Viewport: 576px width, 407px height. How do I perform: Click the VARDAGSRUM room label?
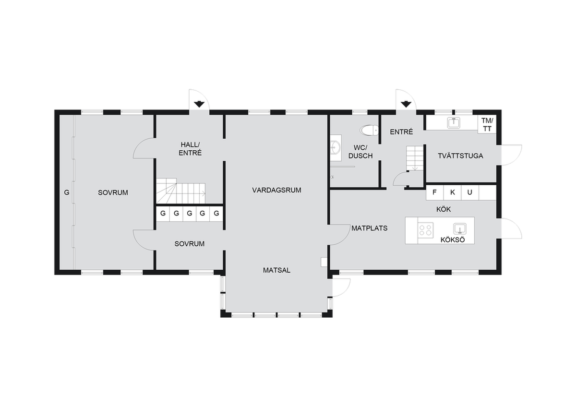[x=276, y=190]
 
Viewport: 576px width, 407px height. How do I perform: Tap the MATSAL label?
[x=276, y=270]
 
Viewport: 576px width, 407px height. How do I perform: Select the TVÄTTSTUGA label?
[x=460, y=156]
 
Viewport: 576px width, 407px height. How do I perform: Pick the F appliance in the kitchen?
[x=434, y=193]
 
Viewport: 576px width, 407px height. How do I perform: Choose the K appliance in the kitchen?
[x=452, y=193]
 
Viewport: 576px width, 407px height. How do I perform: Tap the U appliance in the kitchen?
[x=469, y=193]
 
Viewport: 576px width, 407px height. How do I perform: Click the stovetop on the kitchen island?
[x=425, y=230]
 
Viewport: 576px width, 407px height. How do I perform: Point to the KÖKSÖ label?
[x=453, y=239]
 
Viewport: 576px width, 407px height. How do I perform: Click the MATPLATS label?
[x=369, y=228]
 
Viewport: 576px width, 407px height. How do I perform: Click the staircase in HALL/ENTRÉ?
[x=180, y=192]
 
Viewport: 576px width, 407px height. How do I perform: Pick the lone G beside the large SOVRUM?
[x=67, y=192]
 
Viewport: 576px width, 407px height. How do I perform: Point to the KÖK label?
[x=443, y=209]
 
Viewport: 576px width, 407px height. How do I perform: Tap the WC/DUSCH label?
[x=360, y=152]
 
